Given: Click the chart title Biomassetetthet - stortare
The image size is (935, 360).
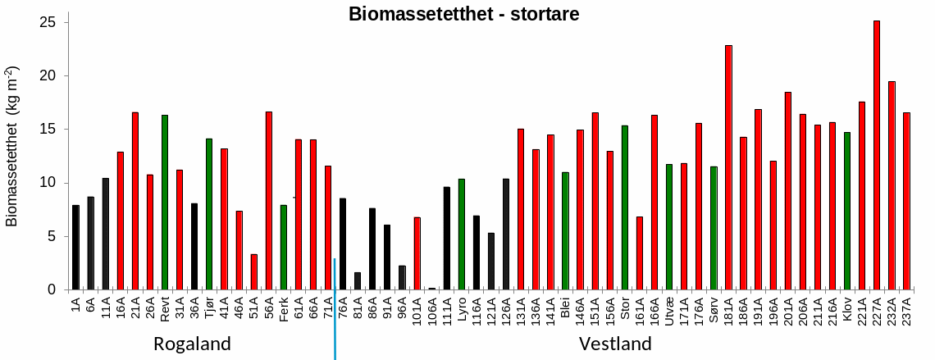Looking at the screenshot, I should click(x=463, y=14).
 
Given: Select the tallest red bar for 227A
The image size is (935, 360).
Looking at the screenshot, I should click(x=877, y=156).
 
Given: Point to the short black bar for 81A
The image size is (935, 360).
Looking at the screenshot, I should click(x=358, y=281).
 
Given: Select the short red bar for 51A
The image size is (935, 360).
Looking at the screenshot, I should click(x=254, y=272).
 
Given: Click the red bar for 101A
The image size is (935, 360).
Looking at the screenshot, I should click(x=417, y=253).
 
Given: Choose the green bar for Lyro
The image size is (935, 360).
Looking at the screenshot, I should click(x=462, y=235).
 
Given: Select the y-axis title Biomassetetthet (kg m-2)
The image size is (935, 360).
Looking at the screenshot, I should click(x=13, y=146).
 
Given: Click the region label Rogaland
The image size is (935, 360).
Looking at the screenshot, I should click(x=192, y=344).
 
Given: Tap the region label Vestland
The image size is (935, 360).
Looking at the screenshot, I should click(x=615, y=344).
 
